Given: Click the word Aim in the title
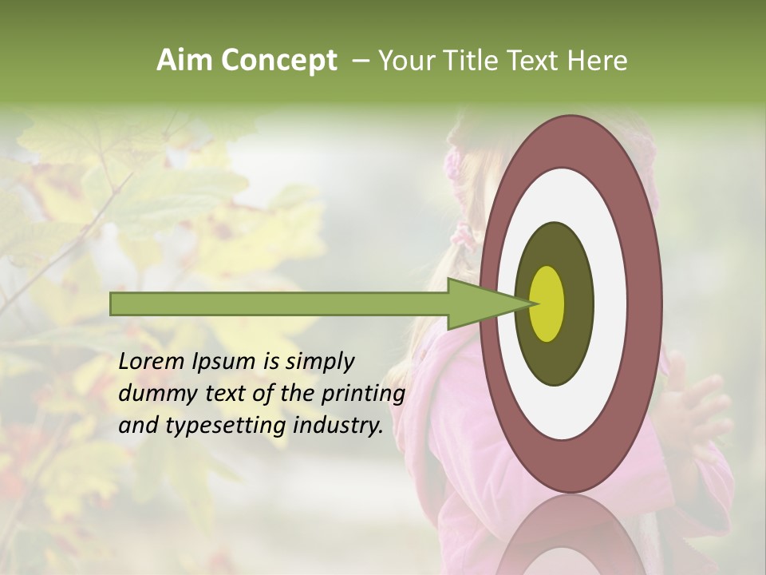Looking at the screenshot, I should tap(184, 61).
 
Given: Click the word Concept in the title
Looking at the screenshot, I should tap(278, 61).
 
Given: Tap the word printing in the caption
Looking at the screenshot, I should tap(363, 394).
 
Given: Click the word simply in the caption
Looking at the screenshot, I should tap(319, 362).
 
